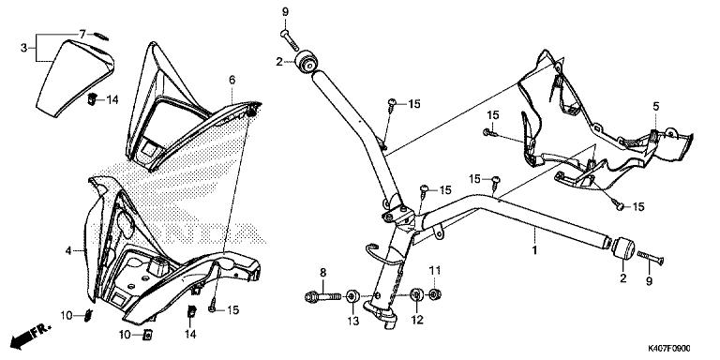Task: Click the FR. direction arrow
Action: pos(31,337)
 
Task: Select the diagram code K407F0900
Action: pos(669,349)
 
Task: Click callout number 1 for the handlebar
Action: pos(534,250)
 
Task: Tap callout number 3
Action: pos(23,48)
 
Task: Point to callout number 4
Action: pos(67,251)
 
